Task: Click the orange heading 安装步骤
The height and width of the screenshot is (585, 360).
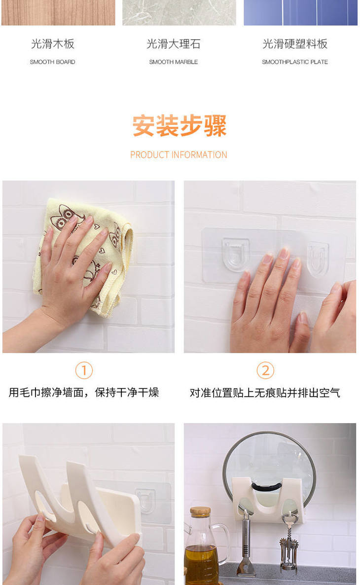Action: point(180,126)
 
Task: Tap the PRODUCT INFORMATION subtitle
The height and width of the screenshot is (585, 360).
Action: point(179,155)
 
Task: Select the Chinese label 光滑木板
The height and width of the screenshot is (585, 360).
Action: point(53,44)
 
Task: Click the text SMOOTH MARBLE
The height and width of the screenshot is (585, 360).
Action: point(174,62)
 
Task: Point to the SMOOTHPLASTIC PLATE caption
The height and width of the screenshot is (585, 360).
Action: point(295,62)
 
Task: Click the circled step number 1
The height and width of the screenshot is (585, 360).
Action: point(84,370)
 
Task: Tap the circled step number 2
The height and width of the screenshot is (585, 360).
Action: point(265,370)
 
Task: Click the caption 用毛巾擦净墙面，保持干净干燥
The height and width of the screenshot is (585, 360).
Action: point(84,393)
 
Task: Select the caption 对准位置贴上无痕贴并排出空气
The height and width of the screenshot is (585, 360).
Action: point(265,393)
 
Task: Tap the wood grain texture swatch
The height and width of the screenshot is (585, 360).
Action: point(58,13)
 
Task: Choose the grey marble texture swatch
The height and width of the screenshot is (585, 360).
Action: point(179,13)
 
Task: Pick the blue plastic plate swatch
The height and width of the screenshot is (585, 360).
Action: point(300,13)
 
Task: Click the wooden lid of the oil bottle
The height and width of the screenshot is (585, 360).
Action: point(200,512)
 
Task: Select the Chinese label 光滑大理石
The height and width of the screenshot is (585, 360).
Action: point(174,44)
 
